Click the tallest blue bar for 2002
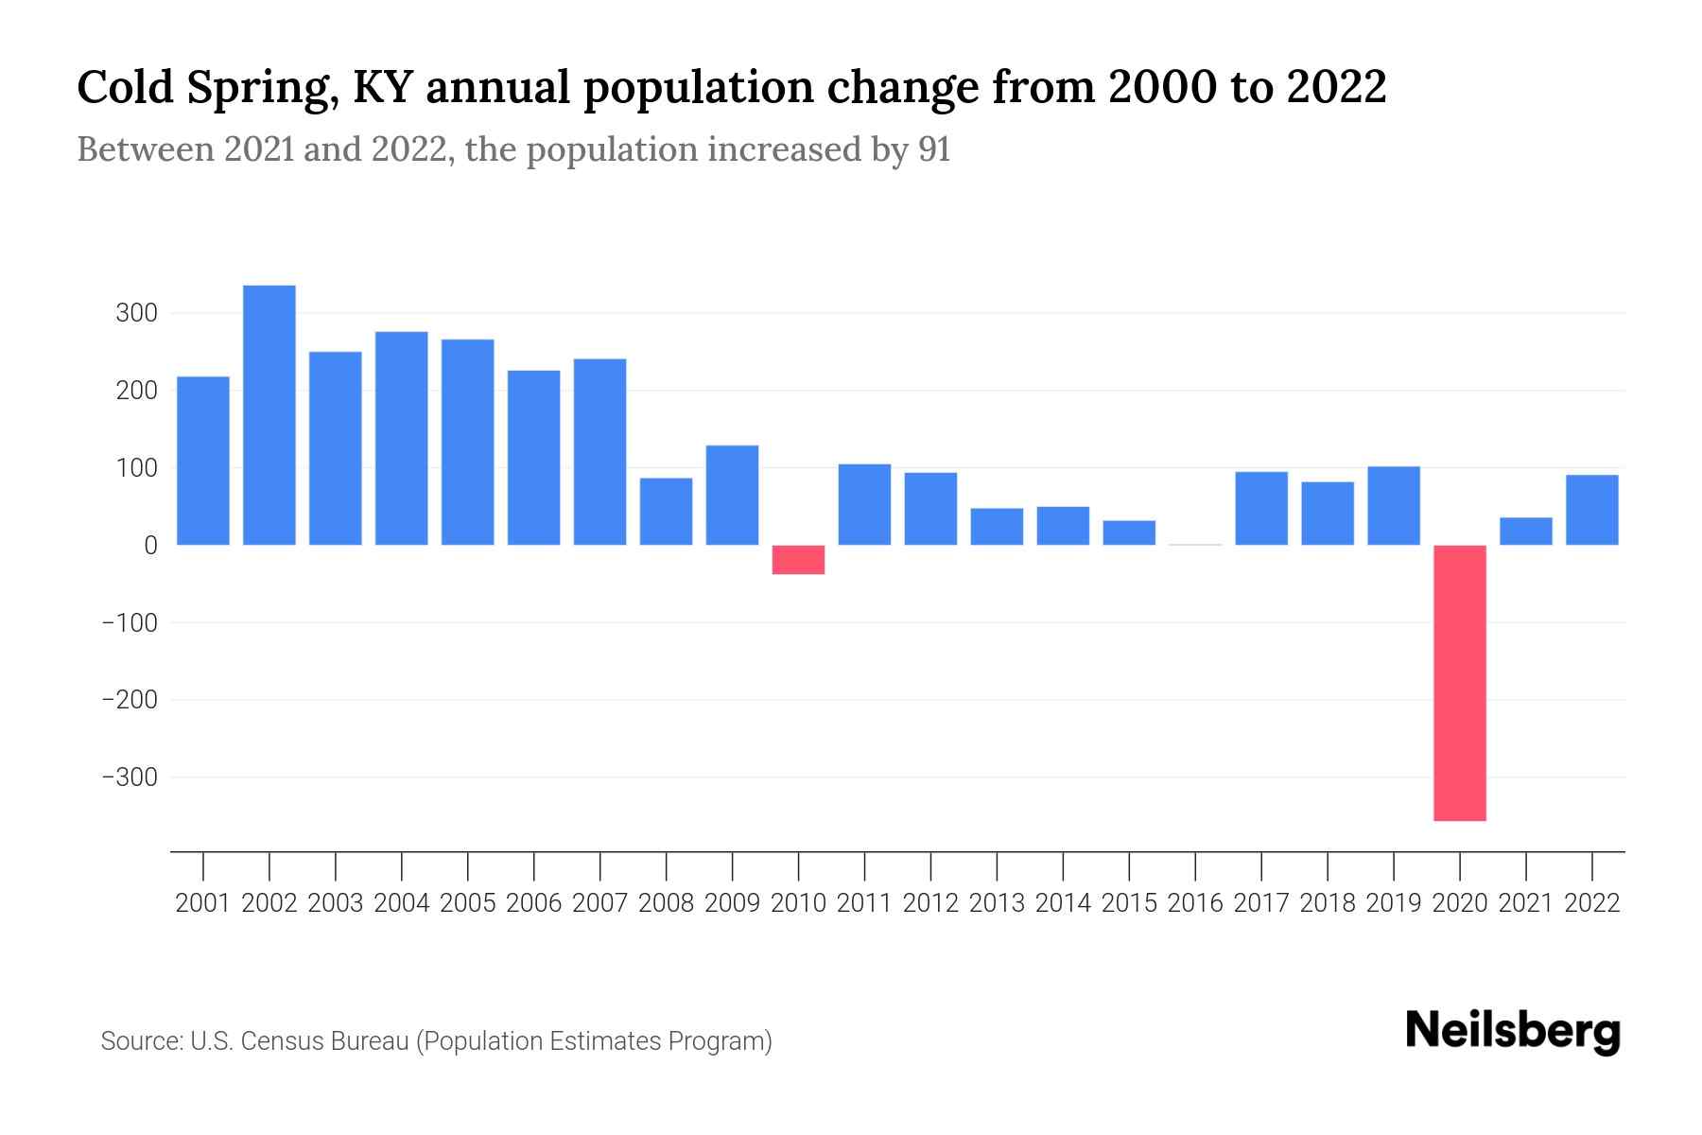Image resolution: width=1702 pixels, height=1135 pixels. pos(269,415)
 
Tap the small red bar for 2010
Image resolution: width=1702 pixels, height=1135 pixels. pos(798,560)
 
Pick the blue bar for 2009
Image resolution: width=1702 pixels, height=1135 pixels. pos(732,495)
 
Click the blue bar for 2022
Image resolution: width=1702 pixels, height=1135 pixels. pos(1592,510)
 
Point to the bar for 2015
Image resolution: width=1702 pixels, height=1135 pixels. pos(1129,533)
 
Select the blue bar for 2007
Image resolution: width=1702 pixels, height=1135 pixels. pos(599,452)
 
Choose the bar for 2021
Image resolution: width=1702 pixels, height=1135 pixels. pos(1526,532)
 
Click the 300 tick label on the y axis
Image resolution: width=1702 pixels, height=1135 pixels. pos(136,313)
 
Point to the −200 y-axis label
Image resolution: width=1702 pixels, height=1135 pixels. pos(129,700)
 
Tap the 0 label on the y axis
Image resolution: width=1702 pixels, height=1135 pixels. pos(150,546)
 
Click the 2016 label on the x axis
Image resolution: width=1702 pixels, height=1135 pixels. pos(1195,903)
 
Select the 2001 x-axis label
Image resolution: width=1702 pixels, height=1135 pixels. pos(203,903)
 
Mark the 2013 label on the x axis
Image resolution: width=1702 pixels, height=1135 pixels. pos(997,903)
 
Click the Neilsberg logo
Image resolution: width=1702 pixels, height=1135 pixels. pos(1513,1031)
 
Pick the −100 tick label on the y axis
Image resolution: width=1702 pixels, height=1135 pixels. pos(129,622)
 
